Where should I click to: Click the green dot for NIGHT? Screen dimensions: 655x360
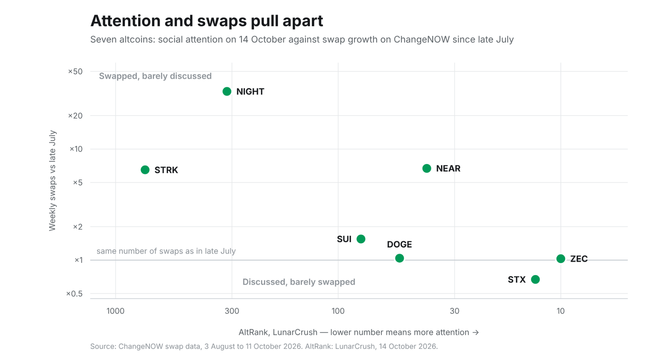[227, 91]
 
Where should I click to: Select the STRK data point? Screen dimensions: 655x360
[145, 170]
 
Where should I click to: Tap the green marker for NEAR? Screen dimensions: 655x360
[427, 168]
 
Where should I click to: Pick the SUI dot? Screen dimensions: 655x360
[361, 239]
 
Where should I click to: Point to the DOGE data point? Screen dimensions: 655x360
[399, 258]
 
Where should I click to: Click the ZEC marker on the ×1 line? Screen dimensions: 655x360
[561, 259]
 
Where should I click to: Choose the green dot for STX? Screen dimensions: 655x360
[535, 280]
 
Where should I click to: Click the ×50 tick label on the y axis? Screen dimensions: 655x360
[75, 72]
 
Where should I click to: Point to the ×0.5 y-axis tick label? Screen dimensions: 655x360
[74, 294]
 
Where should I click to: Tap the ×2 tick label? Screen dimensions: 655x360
[78, 227]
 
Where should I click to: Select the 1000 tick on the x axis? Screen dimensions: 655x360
[116, 311]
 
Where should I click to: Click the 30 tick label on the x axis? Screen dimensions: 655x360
[454, 311]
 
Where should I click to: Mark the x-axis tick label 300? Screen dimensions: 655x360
[232, 311]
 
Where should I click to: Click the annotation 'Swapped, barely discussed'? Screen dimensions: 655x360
[155, 76]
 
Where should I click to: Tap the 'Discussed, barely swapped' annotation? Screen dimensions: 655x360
[299, 282]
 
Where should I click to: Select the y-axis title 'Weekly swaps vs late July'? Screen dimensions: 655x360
[52, 180]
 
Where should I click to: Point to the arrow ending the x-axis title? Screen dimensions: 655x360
[476, 332]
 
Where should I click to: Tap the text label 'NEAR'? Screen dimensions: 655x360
[448, 168]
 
